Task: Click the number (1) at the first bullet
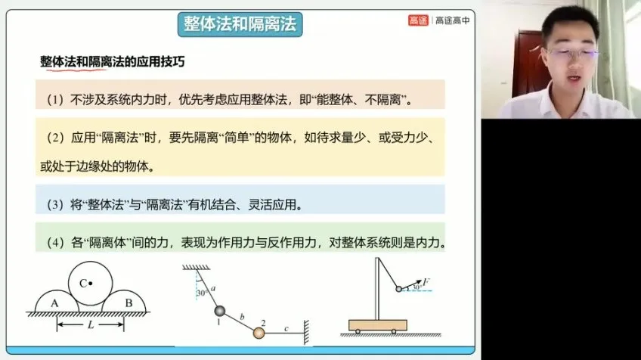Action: click(56, 99)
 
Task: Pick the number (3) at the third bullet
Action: click(56, 204)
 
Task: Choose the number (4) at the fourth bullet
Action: click(56, 244)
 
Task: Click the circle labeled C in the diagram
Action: click(88, 284)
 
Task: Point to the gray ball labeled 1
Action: click(219, 310)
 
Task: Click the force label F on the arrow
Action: click(428, 281)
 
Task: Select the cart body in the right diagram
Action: click(377, 324)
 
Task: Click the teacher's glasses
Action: click(572, 54)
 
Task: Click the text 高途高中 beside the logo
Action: click(452, 21)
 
